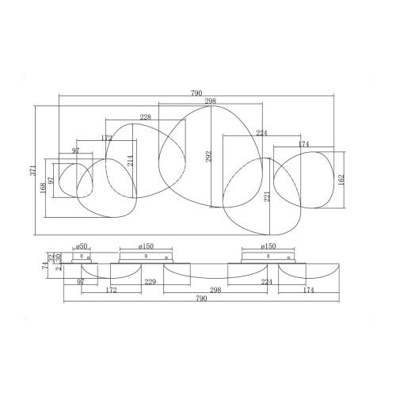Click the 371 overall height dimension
coord(32,170)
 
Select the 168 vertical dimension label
coord(43,188)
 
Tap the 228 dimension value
coord(145,116)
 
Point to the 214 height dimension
coord(131,161)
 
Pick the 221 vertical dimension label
coord(267,196)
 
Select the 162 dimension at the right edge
coord(341,180)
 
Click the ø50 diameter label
coord(82,246)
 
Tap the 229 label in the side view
coord(150,282)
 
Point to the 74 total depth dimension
coord(44,265)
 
